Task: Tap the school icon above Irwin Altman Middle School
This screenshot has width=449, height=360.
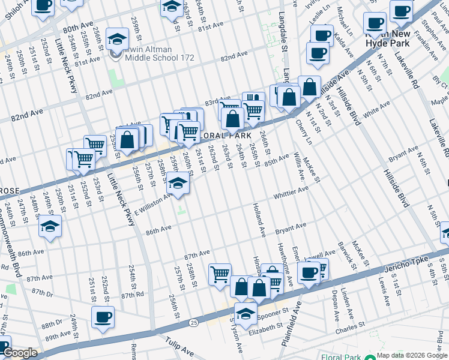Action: [x=117, y=40]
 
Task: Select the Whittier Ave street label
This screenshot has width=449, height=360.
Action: [x=291, y=191]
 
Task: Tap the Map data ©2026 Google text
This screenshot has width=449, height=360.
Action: [x=412, y=355]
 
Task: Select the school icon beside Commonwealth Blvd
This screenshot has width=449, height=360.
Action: [x=50, y=227]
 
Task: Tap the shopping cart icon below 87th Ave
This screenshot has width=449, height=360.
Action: [x=220, y=274]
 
